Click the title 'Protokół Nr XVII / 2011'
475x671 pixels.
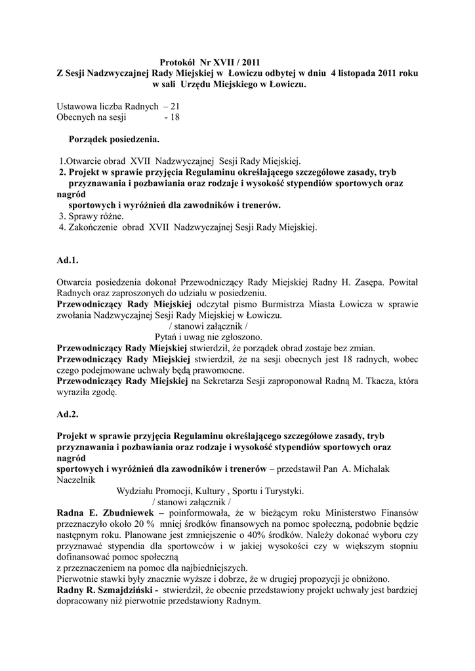[x=214, y=62]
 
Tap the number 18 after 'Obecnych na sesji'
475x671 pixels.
[x=174, y=117]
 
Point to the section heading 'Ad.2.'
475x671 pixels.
[x=68, y=415]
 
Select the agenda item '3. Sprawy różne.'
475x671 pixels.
[x=91, y=216]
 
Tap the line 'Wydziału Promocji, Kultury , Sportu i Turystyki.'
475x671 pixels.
[x=210, y=491]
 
